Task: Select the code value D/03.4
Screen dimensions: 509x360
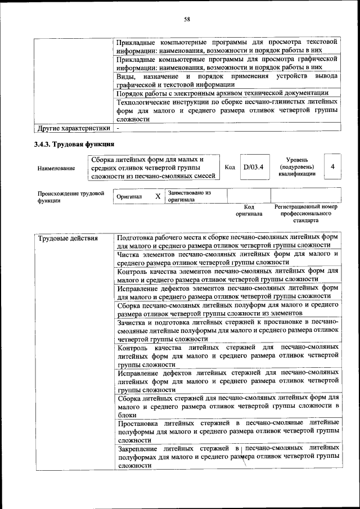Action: (x=253, y=167)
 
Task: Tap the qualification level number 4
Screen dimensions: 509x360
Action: (x=333, y=167)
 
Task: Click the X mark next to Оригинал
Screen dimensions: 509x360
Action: (x=157, y=196)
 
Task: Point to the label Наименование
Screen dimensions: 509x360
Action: (x=56, y=168)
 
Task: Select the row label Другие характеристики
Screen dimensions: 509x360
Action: (x=73, y=128)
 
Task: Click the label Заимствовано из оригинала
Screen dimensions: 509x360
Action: (x=189, y=196)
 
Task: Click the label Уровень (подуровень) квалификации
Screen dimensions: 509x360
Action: (x=296, y=167)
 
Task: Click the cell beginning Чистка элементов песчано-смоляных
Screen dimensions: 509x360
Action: (x=227, y=258)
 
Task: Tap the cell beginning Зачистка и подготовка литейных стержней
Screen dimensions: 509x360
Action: (x=227, y=331)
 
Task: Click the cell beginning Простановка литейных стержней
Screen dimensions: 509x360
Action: (x=227, y=431)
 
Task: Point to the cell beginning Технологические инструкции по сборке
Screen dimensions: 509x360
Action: (x=227, y=110)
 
